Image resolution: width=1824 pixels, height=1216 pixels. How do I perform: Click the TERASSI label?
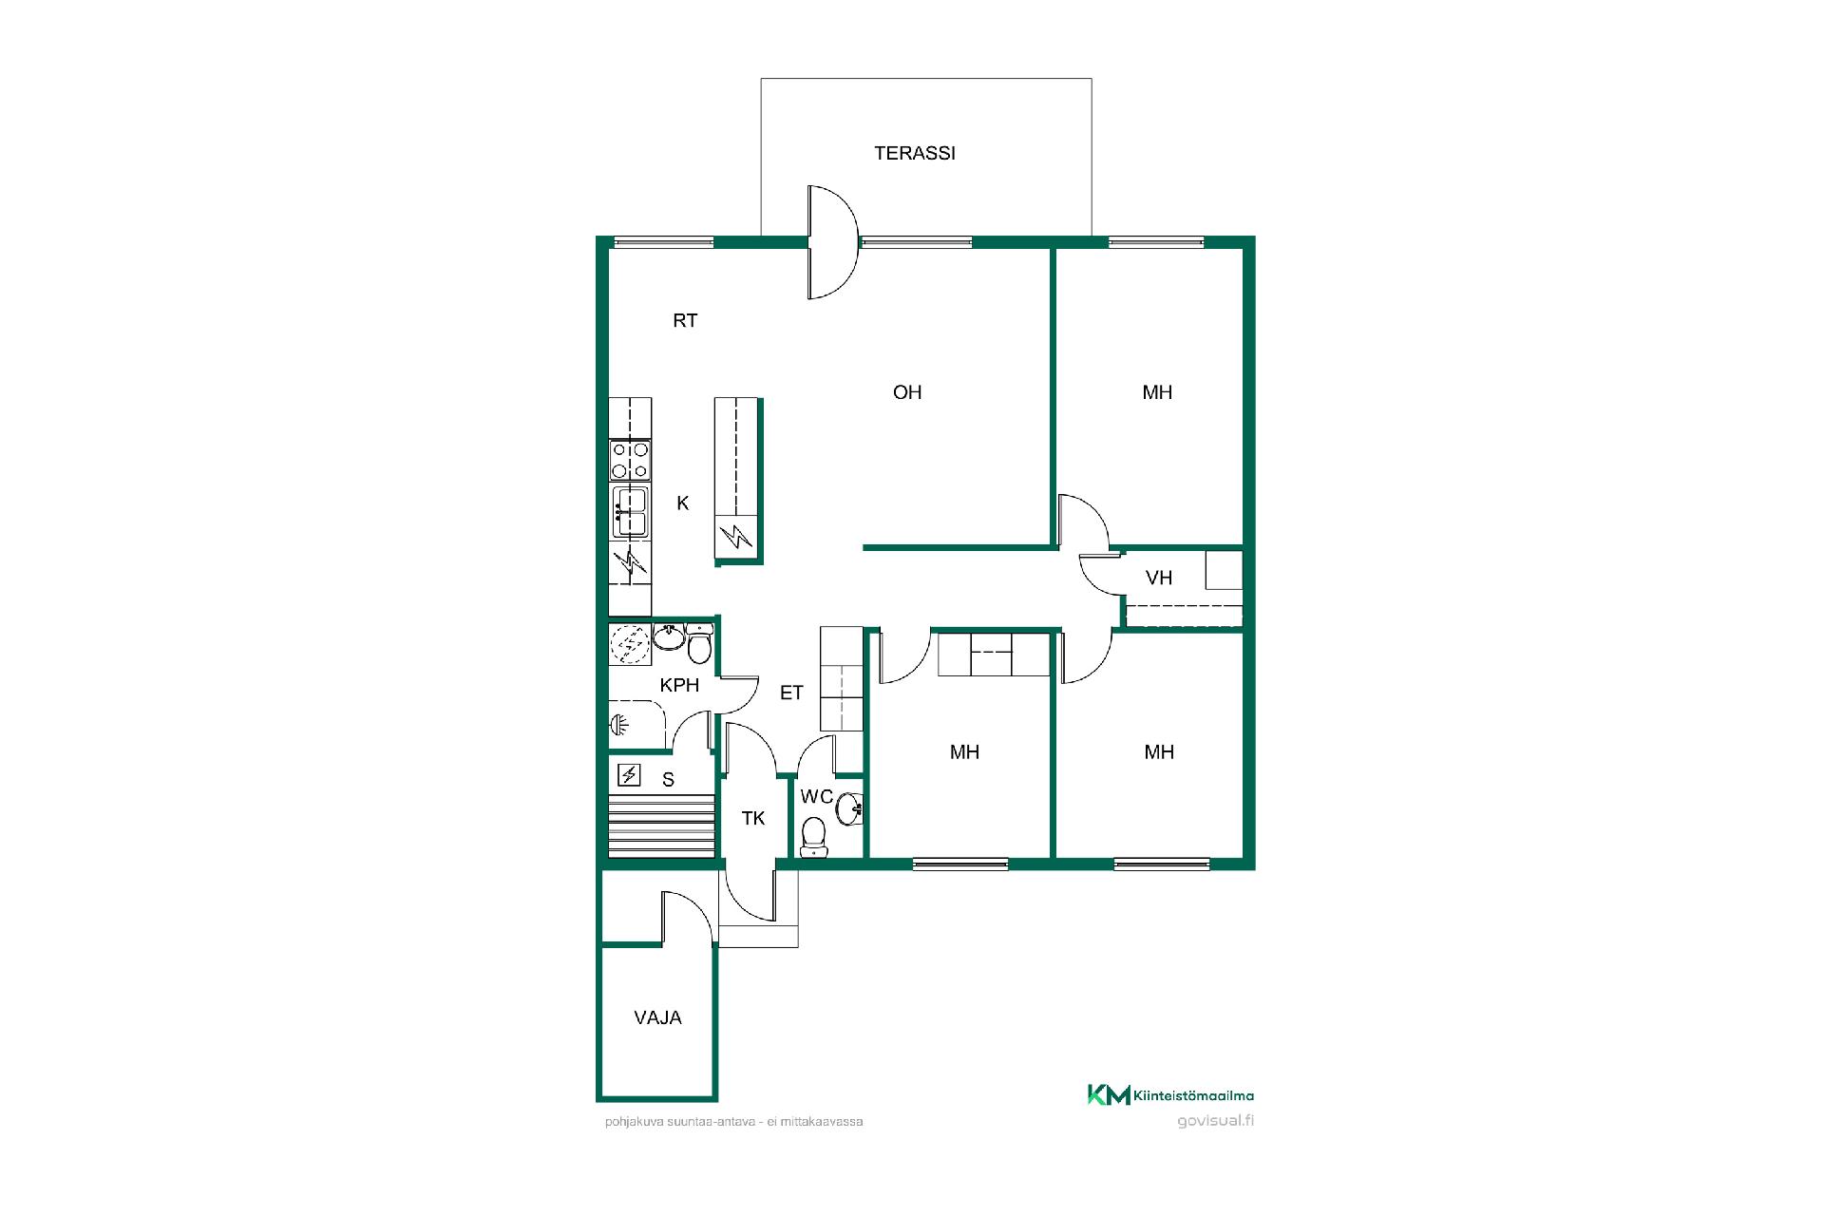point(915,153)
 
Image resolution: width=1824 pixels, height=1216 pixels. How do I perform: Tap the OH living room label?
point(907,392)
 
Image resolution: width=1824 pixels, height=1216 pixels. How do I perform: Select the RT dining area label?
point(685,321)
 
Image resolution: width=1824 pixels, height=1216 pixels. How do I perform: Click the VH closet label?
point(1159,578)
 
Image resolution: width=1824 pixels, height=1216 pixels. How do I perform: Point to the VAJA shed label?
point(657,1017)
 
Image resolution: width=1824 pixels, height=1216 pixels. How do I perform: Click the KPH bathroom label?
point(679,685)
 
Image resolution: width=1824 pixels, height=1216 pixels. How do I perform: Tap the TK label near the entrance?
point(753,818)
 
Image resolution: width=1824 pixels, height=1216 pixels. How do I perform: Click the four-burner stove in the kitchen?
point(630,461)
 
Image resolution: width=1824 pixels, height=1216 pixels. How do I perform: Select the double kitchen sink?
point(630,512)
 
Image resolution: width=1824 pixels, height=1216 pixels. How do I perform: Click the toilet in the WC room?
point(814,834)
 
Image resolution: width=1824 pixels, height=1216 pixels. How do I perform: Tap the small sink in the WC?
point(850,808)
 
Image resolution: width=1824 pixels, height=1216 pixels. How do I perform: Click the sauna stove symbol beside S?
point(629,776)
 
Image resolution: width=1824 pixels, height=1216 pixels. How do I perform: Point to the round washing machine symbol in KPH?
point(630,645)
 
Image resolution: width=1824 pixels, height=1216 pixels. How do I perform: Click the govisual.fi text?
point(1215,1120)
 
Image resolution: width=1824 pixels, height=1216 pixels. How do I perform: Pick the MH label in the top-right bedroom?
point(1157,392)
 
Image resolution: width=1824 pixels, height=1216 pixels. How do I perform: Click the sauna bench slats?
point(661,826)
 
